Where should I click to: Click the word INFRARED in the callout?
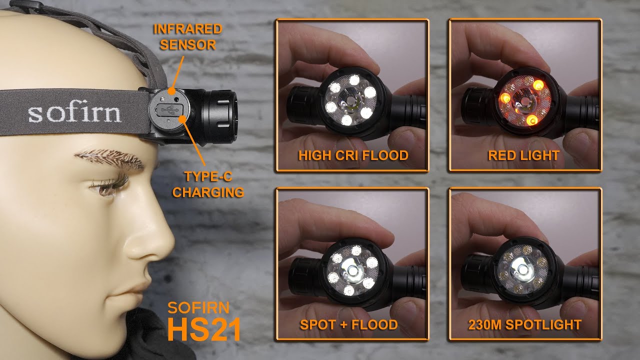click(187, 29)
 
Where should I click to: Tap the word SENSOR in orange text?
click(187, 45)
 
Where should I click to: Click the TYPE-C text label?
click(208, 176)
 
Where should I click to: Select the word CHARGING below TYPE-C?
click(208, 192)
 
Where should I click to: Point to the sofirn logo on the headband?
click(74, 113)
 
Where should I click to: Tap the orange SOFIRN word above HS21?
click(198, 307)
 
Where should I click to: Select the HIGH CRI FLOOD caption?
click(353, 155)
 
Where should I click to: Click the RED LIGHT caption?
click(523, 155)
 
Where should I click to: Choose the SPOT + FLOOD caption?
click(349, 324)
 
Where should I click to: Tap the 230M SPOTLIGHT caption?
click(525, 324)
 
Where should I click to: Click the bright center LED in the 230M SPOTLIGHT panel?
click(522, 269)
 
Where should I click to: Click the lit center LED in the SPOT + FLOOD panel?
click(352, 270)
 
